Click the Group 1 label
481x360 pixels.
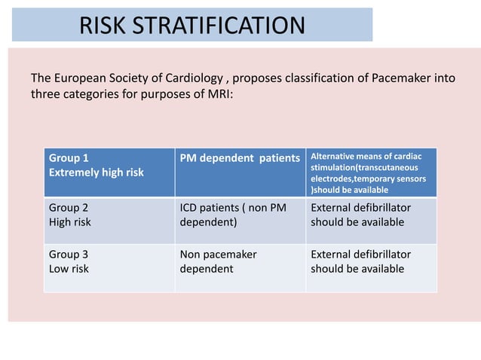pos(69,158)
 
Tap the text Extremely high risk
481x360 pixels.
pos(96,172)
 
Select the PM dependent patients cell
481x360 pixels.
pos(240,158)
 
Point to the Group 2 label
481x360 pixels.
pos(69,208)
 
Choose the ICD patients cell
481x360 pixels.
pos(233,215)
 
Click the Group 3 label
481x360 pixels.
pos(69,255)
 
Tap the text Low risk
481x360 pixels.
pos(69,269)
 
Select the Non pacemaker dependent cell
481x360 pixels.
pos(219,261)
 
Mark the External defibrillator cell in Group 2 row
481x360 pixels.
pos(360,215)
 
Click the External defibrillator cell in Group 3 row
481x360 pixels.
pos(360,261)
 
